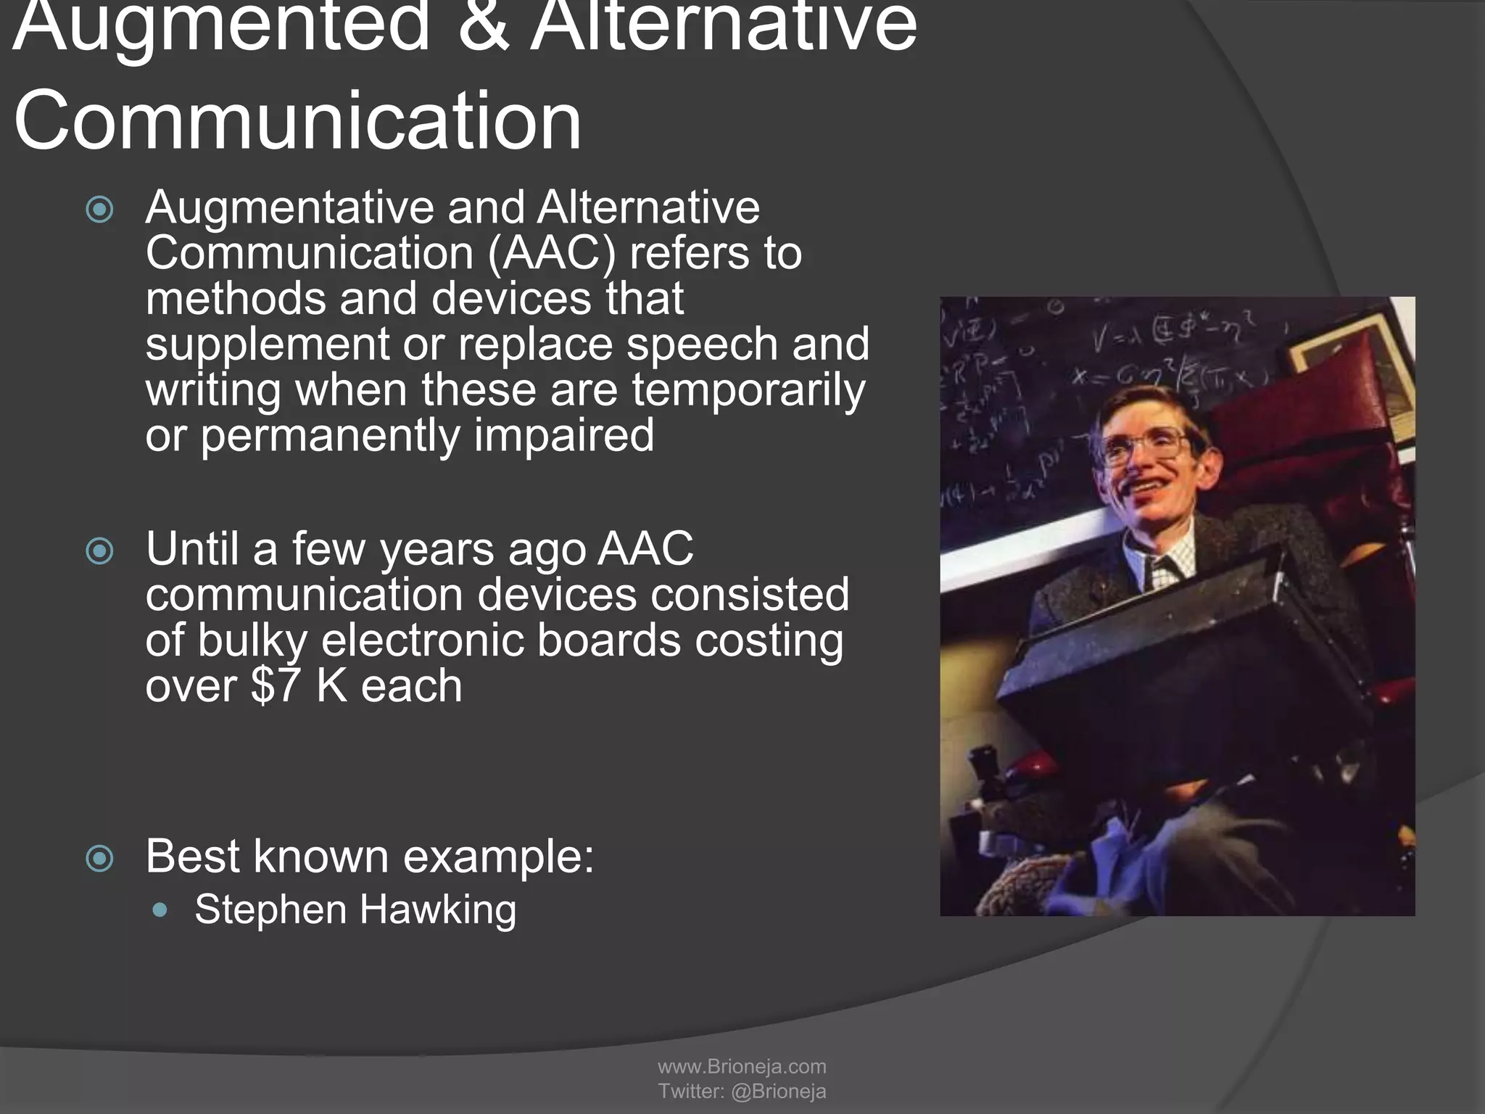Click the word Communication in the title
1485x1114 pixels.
(x=297, y=120)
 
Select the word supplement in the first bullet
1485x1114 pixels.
(x=268, y=344)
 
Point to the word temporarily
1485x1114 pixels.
(x=748, y=389)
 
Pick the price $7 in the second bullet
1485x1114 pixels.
(x=275, y=685)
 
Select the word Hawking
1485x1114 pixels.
(x=438, y=909)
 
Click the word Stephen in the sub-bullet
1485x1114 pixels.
(x=270, y=909)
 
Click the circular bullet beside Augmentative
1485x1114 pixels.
(x=100, y=210)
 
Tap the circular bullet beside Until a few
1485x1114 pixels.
(x=100, y=551)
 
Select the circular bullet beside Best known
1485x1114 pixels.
(x=100, y=859)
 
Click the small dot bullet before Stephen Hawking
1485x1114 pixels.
(x=161, y=909)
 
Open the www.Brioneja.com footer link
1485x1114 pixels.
(x=742, y=1066)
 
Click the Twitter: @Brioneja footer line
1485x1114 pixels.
(x=742, y=1091)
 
